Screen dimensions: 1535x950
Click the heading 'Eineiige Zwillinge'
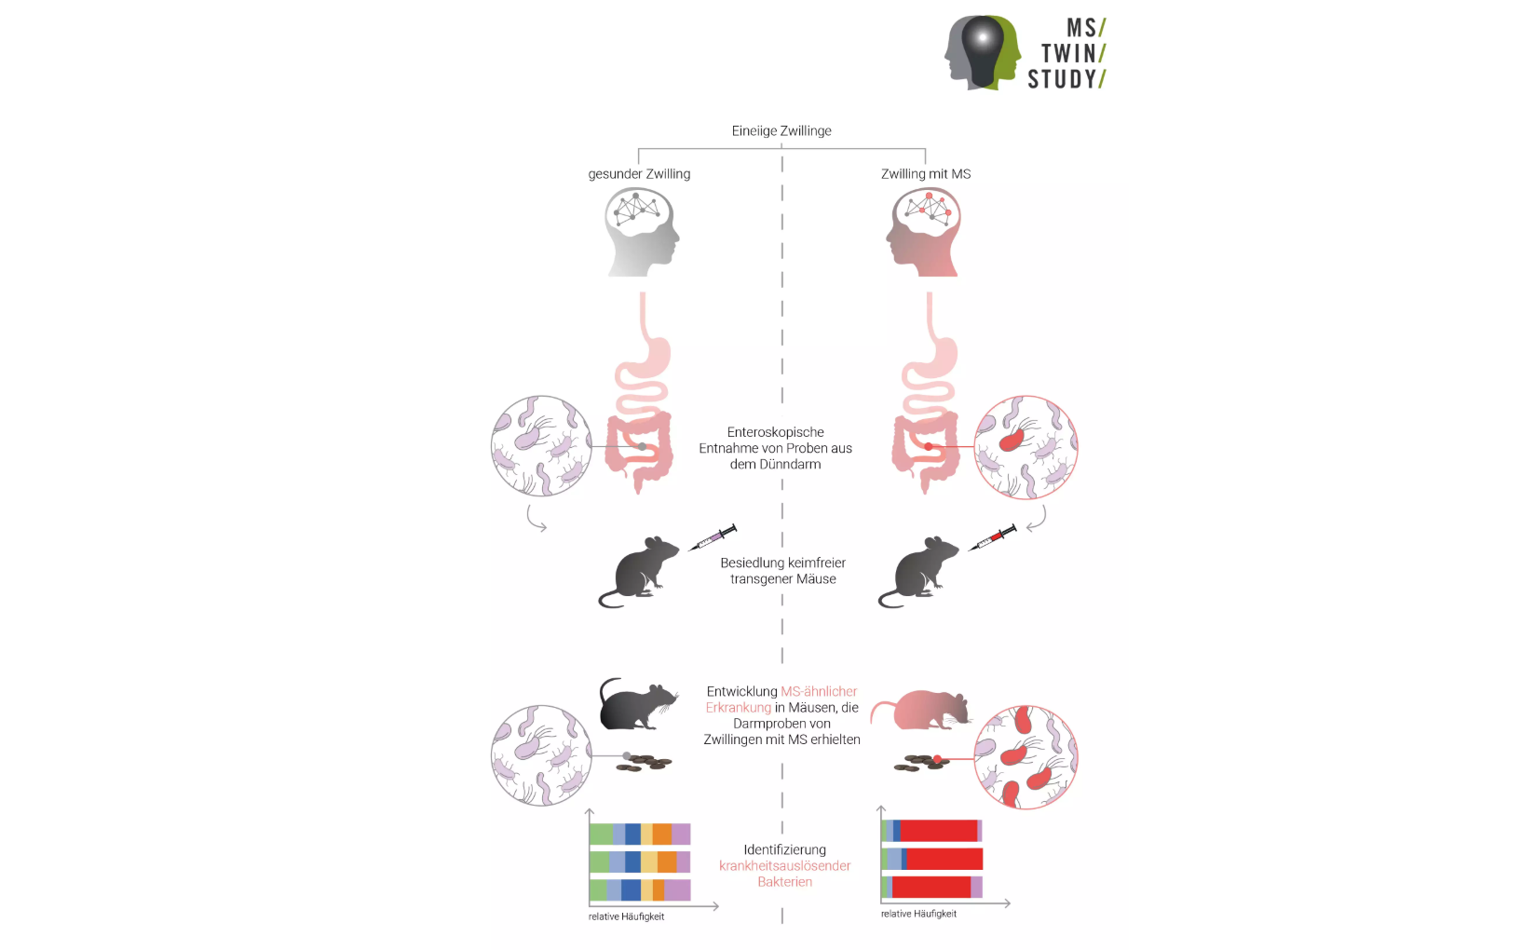(781, 131)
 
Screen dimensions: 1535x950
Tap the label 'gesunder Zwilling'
(639, 174)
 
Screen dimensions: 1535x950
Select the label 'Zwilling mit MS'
(926, 174)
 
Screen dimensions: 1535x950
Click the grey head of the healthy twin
(642, 232)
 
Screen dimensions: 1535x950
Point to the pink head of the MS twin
(924, 232)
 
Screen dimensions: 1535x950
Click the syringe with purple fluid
(713, 537)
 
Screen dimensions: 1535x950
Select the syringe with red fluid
(992, 537)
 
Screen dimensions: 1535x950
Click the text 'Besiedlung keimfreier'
(782, 563)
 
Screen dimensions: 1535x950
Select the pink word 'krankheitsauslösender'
(784, 865)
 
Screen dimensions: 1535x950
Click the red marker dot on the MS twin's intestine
(929, 446)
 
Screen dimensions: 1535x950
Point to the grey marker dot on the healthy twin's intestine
(642, 446)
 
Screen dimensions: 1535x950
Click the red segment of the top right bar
(938, 831)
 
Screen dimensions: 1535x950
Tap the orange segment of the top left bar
(662, 835)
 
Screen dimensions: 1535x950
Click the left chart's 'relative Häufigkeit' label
(626, 917)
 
